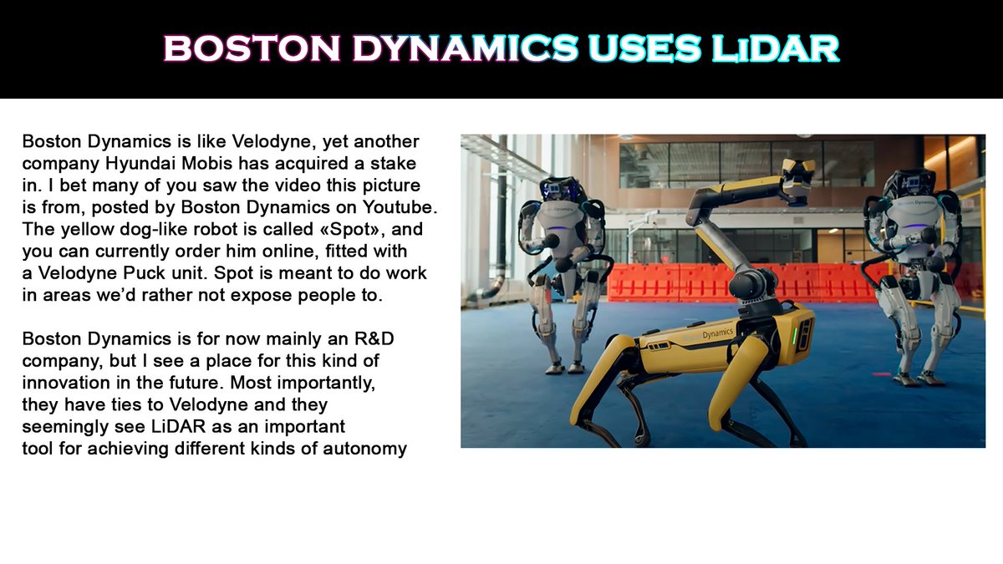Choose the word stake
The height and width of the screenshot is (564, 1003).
click(391, 162)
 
